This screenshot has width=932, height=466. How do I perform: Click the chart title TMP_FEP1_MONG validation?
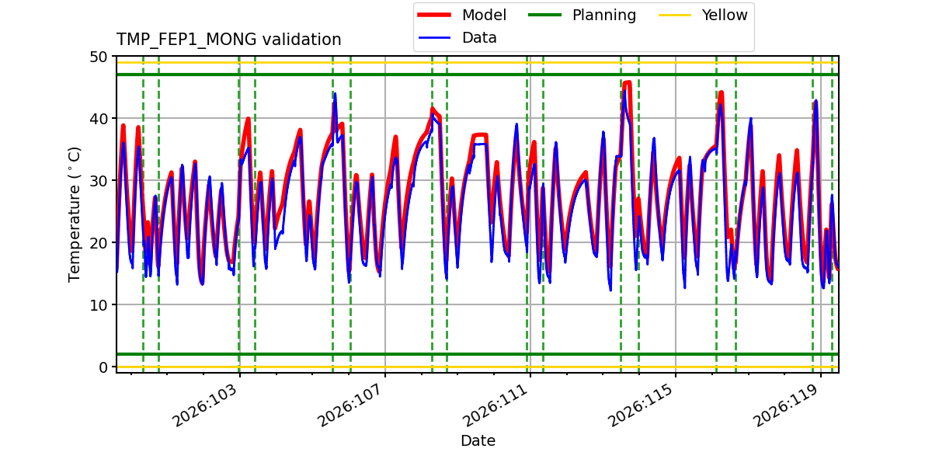pos(228,40)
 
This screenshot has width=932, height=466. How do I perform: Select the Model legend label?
pos(484,15)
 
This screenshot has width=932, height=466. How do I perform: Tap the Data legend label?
pos(479,38)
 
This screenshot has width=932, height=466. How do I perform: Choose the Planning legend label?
pos(604,16)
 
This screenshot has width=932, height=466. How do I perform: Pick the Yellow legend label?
pos(725,15)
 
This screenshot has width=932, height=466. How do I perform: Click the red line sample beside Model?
pos(434,15)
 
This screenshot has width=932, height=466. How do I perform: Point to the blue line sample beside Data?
pos(434,38)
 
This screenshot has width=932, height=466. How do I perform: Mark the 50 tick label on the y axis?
pos(98,57)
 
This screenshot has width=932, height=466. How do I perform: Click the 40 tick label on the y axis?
pos(98,119)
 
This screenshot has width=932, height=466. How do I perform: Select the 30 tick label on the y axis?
pos(98,181)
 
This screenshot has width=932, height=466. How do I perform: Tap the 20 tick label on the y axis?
pos(98,243)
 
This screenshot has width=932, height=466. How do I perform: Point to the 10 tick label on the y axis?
pos(98,305)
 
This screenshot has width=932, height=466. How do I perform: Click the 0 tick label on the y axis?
pos(103,367)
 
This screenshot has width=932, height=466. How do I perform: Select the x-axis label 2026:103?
pos(206,405)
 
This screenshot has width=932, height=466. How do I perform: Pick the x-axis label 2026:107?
pos(351,405)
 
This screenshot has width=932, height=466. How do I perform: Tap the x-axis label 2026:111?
pos(496,405)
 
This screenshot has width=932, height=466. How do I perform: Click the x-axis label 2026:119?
pos(786,405)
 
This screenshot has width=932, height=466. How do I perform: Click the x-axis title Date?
pos(478,440)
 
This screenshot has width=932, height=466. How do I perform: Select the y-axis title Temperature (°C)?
pos(74,214)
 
